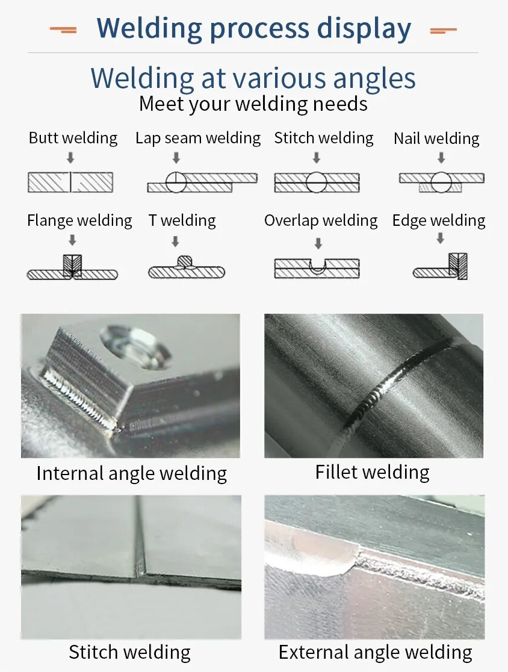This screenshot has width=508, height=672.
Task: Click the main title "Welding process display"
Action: point(253,28)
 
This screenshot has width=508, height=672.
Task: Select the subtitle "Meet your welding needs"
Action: point(253,104)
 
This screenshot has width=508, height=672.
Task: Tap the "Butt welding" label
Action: point(73,138)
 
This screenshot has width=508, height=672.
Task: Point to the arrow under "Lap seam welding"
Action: point(176,158)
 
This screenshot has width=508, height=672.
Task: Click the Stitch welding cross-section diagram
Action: point(317,182)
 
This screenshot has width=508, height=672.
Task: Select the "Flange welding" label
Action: point(79,220)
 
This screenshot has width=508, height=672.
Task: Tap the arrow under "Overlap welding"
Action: point(318,243)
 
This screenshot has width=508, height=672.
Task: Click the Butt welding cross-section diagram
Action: point(70,182)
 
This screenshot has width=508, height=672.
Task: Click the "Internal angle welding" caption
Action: point(132,473)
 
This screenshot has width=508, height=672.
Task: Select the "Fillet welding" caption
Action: point(373,472)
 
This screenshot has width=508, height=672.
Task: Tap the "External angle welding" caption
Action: point(375,652)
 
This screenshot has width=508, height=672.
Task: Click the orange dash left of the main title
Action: point(63,30)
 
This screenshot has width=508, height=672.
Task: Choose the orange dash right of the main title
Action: point(444,30)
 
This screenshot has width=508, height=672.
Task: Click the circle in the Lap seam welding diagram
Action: point(176,182)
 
